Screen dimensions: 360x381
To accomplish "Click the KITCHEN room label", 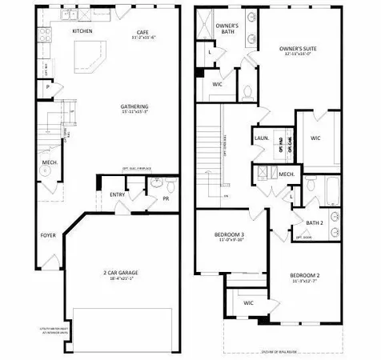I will point(82,31).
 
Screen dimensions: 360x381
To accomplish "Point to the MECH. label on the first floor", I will point(47,164).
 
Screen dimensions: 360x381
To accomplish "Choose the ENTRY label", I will point(117,194).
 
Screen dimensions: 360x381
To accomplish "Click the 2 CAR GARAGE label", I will point(122,273).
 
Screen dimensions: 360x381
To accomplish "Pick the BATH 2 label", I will point(314,222).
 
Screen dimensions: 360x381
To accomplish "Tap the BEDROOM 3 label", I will point(230,234).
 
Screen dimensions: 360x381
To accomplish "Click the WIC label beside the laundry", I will point(315,138).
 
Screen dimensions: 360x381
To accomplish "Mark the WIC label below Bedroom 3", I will point(248,303).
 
